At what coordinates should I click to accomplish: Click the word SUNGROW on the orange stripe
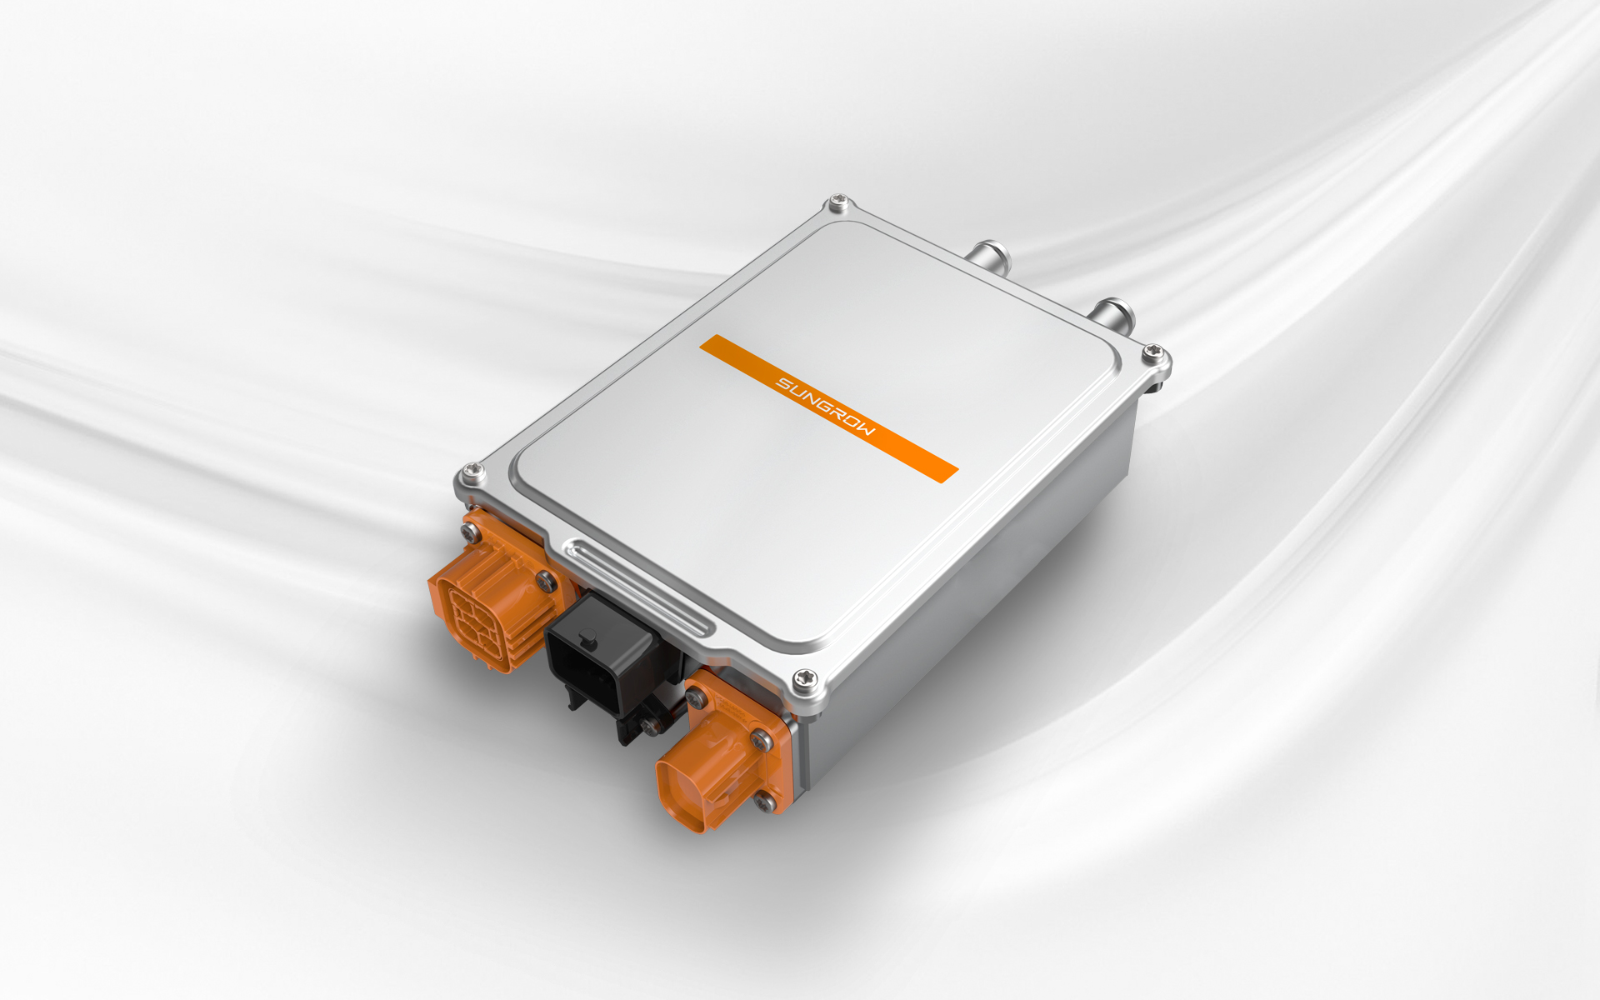click(x=826, y=407)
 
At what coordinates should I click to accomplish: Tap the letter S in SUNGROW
click(x=783, y=383)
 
